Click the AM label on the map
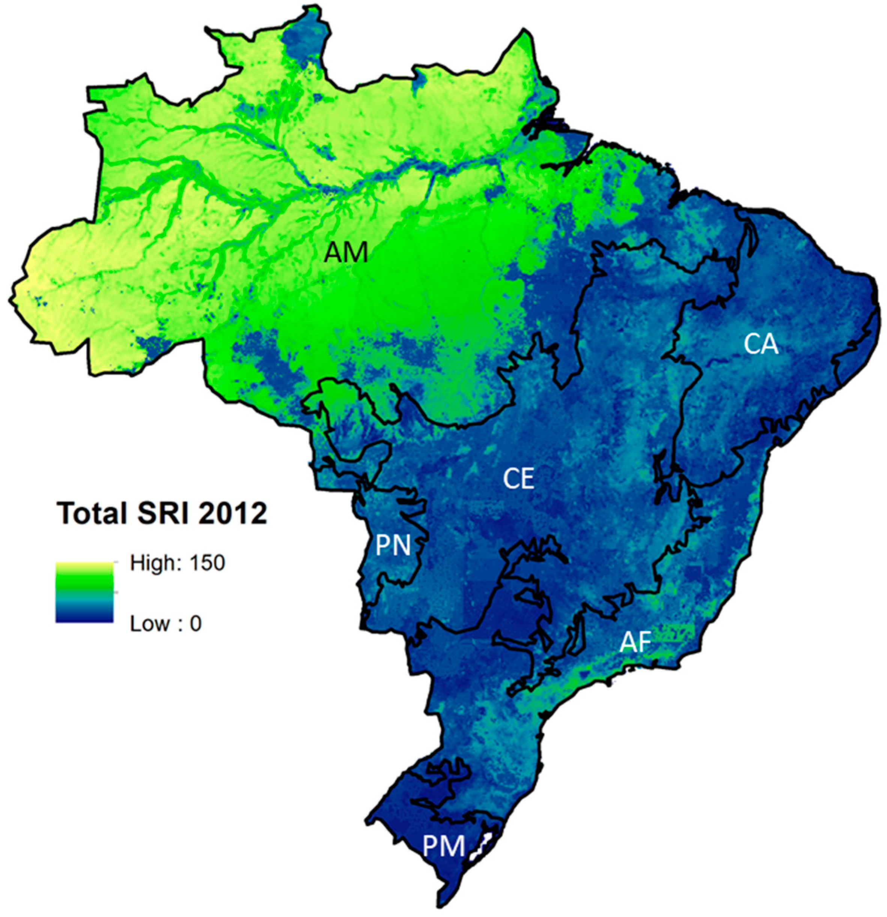coord(346,253)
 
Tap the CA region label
coord(761,345)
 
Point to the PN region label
coord(393,546)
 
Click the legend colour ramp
coord(84,592)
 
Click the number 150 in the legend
coord(207,563)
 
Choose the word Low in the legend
coord(149,624)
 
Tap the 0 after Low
coord(195,624)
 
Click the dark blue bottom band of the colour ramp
coord(84,618)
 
